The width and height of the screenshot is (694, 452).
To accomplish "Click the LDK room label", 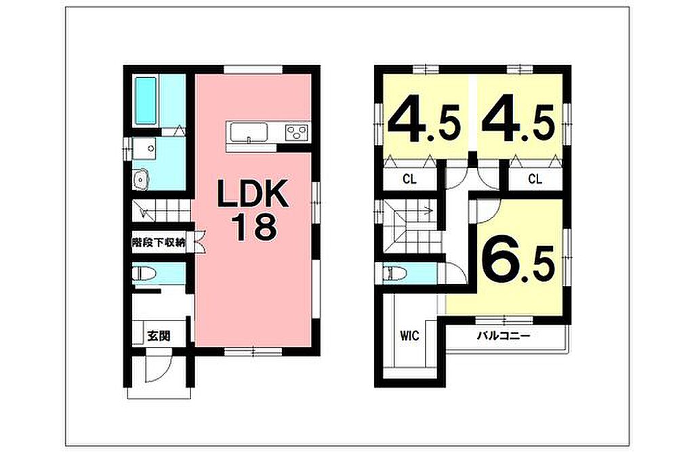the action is click(x=252, y=194).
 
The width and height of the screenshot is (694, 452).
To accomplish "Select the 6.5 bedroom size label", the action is click(x=518, y=264).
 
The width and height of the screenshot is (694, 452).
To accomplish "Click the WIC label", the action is click(x=409, y=336).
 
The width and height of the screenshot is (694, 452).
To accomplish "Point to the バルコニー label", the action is click(x=504, y=336).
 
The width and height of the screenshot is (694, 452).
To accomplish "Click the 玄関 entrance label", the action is click(x=159, y=336).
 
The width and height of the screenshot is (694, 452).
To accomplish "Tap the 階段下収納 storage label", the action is click(x=159, y=243).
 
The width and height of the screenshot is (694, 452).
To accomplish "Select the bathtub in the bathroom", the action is click(x=146, y=101).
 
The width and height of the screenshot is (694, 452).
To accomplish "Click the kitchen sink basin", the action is click(x=248, y=132).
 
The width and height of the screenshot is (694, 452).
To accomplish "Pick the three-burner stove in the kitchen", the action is click(x=297, y=132).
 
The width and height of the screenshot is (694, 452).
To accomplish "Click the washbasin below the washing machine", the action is click(x=142, y=179).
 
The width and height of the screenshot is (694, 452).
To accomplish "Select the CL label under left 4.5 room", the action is click(x=409, y=180).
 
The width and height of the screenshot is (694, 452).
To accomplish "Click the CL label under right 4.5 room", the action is click(x=535, y=180).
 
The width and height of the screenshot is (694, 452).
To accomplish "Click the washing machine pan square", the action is click(x=144, y=148).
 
